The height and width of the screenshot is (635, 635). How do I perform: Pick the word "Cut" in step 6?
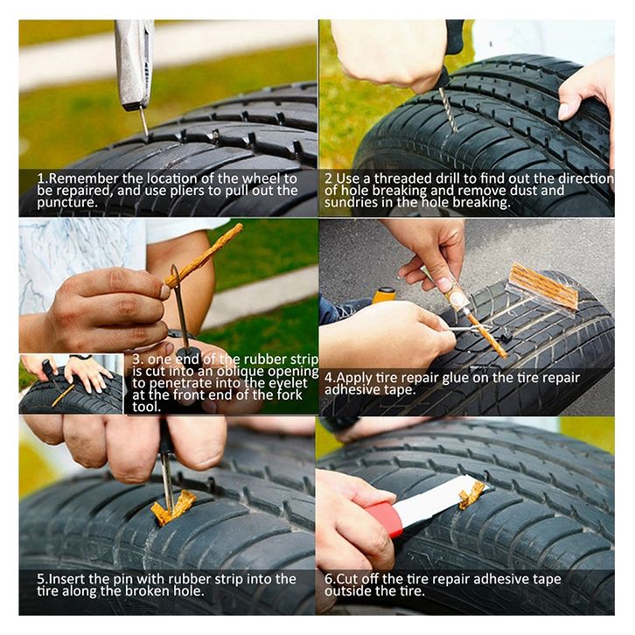(x=344, y=579)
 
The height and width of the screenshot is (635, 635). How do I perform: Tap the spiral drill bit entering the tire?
(x=449, y=109)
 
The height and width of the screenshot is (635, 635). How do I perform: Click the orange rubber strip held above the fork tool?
(x=205, y=256)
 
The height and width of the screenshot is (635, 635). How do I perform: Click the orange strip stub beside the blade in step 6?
(x=471, y=495)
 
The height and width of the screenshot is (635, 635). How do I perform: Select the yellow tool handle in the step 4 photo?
(x=383, y=296)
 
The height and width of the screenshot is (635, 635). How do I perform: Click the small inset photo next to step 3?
(x=71, y=384)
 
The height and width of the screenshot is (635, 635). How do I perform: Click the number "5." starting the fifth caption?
(x=42, y=580)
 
